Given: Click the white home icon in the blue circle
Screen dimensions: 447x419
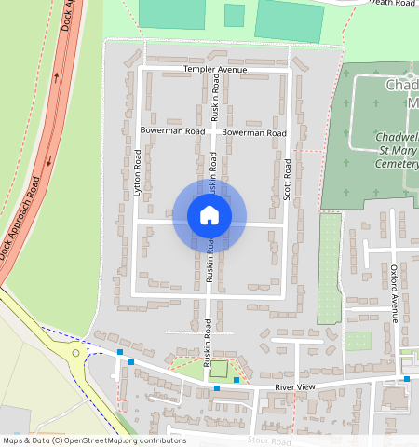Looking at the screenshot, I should coord(209,216).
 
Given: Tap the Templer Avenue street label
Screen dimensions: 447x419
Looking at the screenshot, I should coord(215,70).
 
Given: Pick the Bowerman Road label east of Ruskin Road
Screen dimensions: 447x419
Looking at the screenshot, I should coord(253,133).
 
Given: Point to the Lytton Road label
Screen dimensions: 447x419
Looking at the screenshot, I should coord(137,172).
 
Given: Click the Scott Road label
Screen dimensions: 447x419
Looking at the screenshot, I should coord(288,180).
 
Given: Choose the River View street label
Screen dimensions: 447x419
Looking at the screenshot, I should coord(296,386).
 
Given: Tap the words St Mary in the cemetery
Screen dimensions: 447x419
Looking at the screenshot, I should coord(395,150).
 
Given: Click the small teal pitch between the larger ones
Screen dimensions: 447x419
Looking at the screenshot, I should coord(235,15).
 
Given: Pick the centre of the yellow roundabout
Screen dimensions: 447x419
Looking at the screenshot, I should coord(74,353).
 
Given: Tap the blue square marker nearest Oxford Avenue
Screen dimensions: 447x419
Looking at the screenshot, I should coord(407,379).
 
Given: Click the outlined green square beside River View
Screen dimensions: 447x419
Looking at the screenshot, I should coord(218,369).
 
